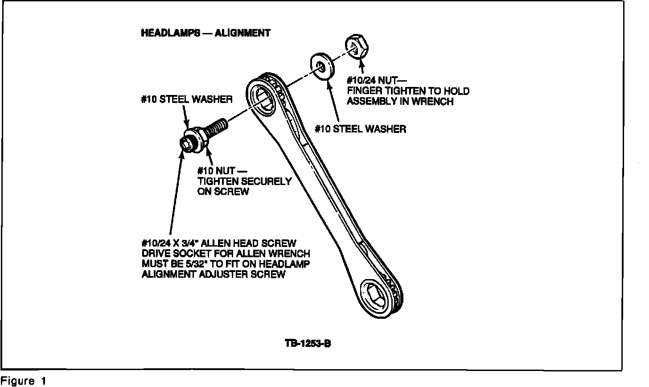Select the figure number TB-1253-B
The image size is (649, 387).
pos(308,344)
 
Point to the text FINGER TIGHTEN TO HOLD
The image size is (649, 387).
pos(408,91)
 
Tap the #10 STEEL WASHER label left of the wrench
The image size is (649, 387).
pos(187,99)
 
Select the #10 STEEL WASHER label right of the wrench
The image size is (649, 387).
pos(360,129)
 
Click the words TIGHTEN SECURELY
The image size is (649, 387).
pos(244,181)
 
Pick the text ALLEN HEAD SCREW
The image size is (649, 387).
pos(253,243)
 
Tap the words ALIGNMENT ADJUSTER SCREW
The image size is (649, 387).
pos(213,274)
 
